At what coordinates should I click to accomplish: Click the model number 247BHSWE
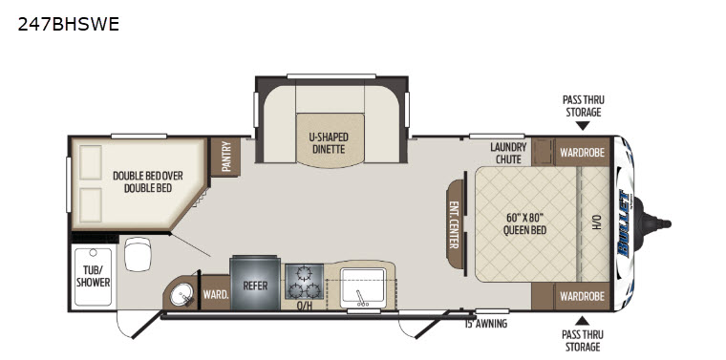pos(68,25)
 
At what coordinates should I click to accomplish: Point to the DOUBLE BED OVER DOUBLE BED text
pos(147,181)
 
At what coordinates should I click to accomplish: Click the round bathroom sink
pos(178,295)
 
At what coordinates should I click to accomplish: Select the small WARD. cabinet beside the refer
pos(214,294)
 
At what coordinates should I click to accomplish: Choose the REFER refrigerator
pos(254,284)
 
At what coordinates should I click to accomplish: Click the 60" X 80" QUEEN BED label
pos(525,222)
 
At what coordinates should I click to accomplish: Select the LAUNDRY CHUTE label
pos(508,153)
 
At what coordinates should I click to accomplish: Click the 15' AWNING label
pos(485,324)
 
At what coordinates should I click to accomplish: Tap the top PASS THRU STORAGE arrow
pos(583,124)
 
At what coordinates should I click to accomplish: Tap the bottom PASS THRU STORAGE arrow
pos(583,320)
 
